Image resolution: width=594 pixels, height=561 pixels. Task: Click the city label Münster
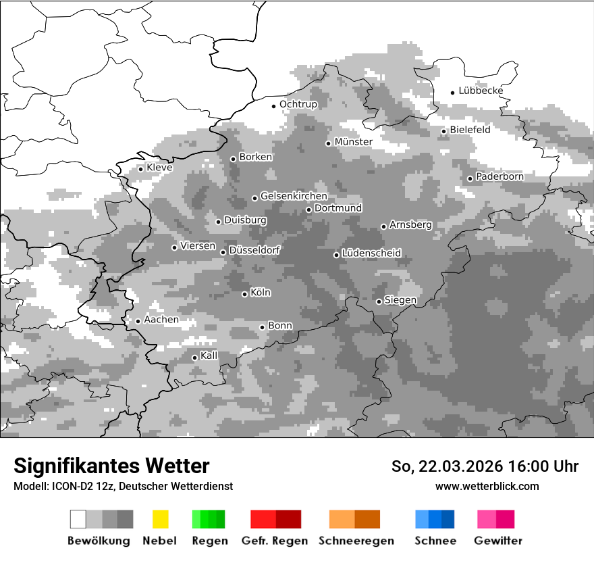353,142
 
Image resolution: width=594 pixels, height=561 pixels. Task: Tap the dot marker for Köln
245,294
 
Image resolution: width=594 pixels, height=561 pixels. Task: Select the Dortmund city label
338,208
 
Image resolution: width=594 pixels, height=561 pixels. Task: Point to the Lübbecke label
481,91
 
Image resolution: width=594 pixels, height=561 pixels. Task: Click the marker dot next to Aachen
138,321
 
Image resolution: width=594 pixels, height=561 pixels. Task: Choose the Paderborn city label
500,177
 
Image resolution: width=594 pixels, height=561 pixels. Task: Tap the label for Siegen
400,300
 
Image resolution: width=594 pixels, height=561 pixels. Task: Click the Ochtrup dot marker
274,106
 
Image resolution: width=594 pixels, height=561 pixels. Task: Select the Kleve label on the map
159,168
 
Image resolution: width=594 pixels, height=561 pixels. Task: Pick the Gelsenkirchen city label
294,197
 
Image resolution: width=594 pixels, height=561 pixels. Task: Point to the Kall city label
209,356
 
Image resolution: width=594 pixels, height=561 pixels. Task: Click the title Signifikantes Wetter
111,466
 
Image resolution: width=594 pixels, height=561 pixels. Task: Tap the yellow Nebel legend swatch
161,519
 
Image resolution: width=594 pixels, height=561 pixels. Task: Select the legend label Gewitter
498,541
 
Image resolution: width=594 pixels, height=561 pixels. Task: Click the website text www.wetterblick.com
487,486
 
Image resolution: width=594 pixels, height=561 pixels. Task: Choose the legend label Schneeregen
356,541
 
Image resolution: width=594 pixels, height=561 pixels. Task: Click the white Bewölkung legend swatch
78,519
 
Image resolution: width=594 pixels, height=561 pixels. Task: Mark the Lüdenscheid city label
371,253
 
